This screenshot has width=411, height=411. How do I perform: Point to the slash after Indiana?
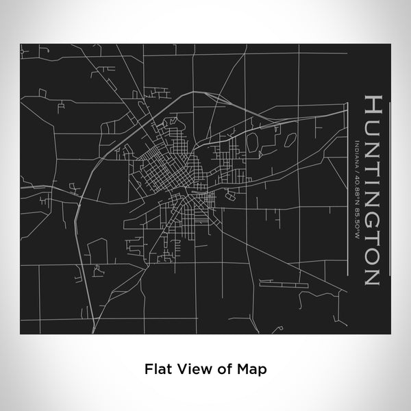[358, 164]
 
